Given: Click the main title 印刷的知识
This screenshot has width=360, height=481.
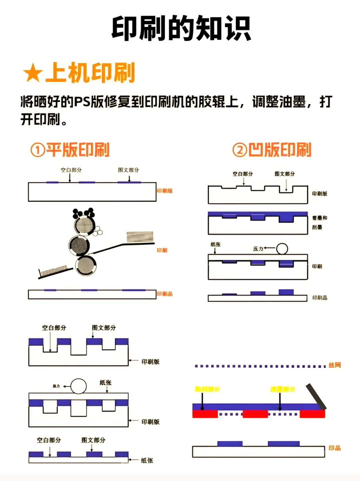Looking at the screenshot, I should click(181, 29).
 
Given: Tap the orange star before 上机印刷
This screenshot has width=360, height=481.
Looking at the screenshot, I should click(33, 73).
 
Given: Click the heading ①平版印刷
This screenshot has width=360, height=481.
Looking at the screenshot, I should click(70, 150).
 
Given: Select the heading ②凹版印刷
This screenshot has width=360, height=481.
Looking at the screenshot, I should click(272, 150).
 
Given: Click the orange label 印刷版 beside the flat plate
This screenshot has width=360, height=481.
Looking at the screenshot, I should click(165, 191).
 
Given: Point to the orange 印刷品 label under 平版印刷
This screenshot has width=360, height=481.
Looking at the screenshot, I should click(165, 294).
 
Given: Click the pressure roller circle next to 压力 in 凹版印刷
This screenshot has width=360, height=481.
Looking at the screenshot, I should click(282, 249).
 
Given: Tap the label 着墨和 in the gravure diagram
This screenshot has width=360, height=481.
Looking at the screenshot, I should click(319, 218).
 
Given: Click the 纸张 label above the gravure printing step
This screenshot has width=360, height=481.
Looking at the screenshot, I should click(216, 244).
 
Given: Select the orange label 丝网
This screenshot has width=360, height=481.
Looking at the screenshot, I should click(335, 365).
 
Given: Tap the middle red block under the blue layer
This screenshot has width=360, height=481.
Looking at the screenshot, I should click(255, 414).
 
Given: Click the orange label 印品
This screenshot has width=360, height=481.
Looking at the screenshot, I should click(335, 448).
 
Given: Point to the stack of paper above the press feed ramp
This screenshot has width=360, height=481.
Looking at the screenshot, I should click(140, 236).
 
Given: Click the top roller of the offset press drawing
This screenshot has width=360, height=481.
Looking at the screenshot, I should click(84, 225).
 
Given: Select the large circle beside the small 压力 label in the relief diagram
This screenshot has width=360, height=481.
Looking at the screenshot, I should click(79, 386).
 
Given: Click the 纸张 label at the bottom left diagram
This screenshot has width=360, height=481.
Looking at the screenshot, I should click(147, 461).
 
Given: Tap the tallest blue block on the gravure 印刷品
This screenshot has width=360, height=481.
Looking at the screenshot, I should click(286, 292).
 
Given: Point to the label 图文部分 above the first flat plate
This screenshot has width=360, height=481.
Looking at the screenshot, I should click(128, 170).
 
